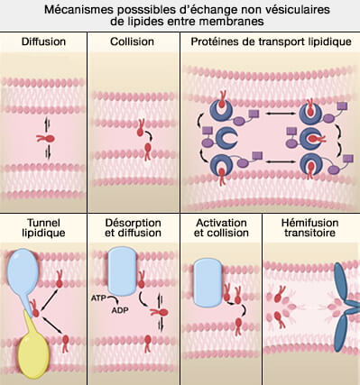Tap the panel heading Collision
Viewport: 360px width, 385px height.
click(133, 42)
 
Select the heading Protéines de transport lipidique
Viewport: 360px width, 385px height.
click(268, 42)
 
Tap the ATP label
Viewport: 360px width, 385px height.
click(99, 296)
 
